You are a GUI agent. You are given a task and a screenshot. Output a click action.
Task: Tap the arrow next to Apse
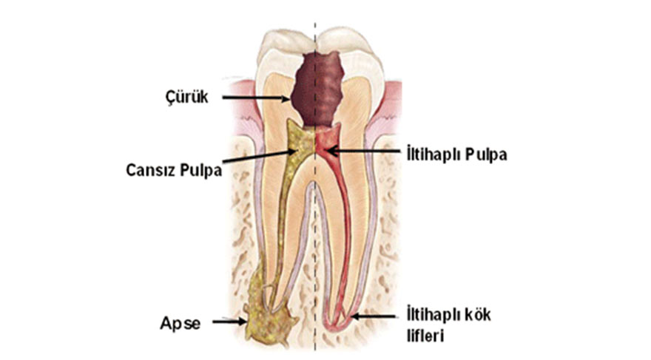[230, 322]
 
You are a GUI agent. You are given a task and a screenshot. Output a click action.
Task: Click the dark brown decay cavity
[317, 89]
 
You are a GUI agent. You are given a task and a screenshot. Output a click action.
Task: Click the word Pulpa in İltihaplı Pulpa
[487, 154]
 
